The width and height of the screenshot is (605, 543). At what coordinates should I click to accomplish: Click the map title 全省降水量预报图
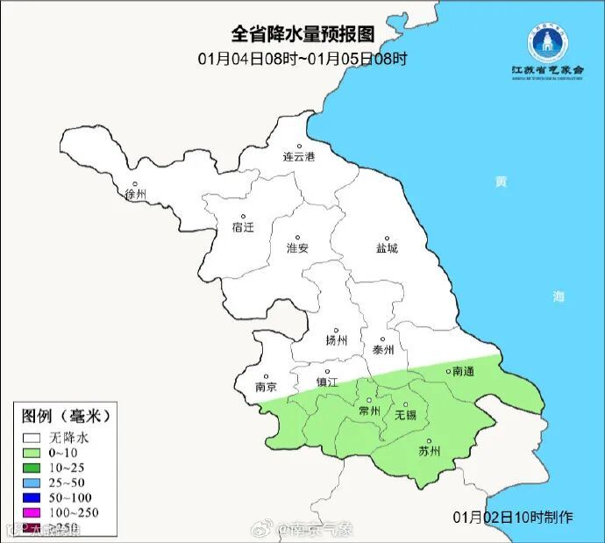[x=302, y=34]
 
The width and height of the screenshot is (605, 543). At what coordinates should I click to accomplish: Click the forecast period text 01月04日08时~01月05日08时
[x=302, y=59]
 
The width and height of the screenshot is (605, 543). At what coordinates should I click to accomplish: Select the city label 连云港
[x=298, y=157]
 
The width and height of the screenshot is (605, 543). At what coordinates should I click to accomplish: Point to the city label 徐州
[x=136, y=194]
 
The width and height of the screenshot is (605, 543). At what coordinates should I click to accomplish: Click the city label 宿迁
[x=243, y=227]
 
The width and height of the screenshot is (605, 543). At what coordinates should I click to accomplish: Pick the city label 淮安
[x=297, y=248]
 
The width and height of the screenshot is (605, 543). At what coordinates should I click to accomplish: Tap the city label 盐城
[x=386, y=248]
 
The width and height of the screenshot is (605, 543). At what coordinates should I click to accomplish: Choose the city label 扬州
[x=336, y=340]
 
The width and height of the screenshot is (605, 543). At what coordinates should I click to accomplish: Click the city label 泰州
[x=384, y=349]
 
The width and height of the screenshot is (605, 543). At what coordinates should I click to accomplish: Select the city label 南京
[x=266, y=387]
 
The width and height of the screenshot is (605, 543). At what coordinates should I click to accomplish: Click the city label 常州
[x=370, y=411]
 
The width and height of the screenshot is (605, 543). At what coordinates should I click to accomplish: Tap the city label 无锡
[x=405, y=414]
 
